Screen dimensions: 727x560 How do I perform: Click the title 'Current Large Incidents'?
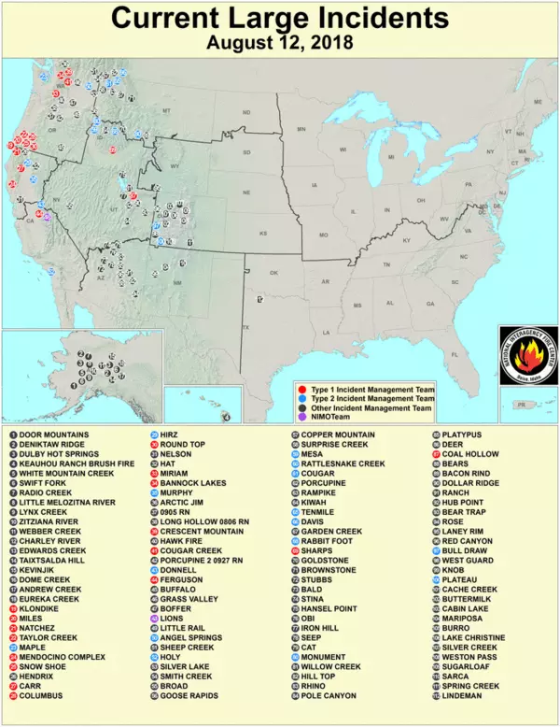pyautogui.click(x=279, y=19)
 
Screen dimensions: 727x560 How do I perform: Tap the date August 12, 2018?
pyautogui.click(x=279, y=43)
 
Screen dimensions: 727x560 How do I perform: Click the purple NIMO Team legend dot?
pyautogui.click(x=301, y=418)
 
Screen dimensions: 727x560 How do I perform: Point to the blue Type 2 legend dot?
pyautogui.click(x=301, y=398)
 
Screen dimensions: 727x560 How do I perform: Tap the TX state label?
pyautogui.click(x=246, y=328)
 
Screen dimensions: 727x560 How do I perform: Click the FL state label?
pyautogui.click(x=455, y=355)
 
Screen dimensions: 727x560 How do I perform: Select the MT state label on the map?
pyautogui.click(x=168, y=110)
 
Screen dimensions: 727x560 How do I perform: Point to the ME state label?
pyautogui.click(x=538, y=101)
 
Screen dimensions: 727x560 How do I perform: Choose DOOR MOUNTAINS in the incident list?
pyautogui.click(x=54, y=435)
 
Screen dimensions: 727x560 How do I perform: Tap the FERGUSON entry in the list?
pyautogui.click(x=182, y=579)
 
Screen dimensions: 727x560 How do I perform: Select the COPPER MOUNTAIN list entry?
pyautogui.click(x=337, y=435)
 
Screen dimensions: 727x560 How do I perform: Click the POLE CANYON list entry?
pyautogui.click(x=329, y=696)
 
